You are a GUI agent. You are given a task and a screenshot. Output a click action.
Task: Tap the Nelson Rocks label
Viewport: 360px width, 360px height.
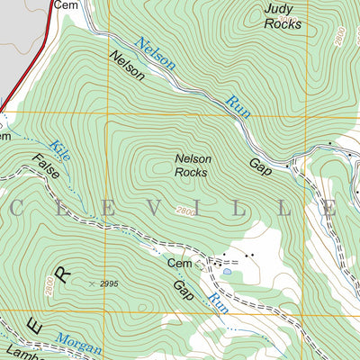point(192,166)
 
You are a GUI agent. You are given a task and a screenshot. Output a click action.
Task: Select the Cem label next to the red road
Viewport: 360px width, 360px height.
point(65,4)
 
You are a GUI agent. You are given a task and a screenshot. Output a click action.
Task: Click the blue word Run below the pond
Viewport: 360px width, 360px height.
point(217,303)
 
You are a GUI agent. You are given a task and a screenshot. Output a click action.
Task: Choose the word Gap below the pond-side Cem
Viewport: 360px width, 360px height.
point(183,290)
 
